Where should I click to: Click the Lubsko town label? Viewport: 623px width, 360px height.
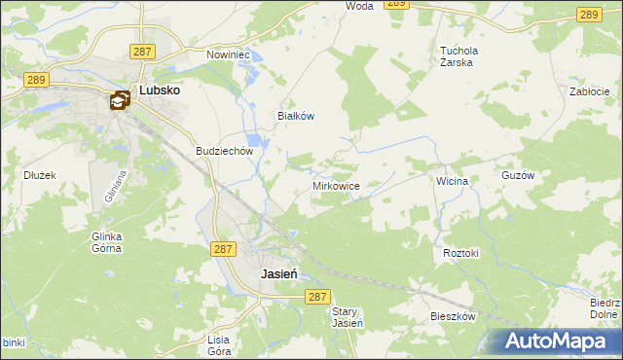click(160, 90)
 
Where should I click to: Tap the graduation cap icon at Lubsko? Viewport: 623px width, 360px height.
click(120, 99)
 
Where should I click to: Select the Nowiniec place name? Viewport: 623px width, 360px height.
click(229, 55)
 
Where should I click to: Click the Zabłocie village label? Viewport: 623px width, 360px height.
click(589, 91)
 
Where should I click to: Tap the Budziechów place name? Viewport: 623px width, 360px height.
click(224, 152)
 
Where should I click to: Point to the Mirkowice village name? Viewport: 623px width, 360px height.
click(337, 186)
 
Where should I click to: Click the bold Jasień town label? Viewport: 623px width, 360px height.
click(278, 274)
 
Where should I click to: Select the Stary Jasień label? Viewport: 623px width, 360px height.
click(348, 317)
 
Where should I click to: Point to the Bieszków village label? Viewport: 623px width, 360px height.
click(453, 317)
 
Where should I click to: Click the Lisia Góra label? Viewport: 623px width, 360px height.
click(219, 345)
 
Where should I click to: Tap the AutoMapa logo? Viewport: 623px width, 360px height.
click(561, 341)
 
